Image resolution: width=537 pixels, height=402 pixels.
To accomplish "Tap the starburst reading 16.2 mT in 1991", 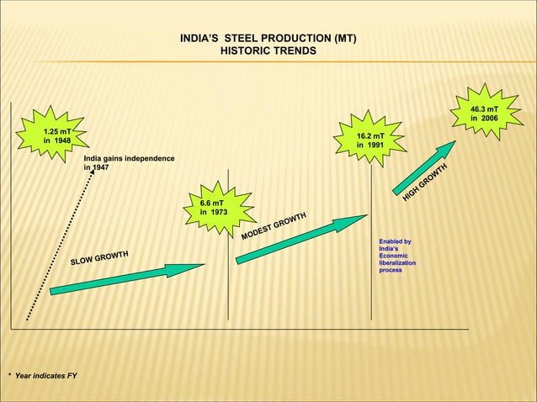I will [x=370, y=140].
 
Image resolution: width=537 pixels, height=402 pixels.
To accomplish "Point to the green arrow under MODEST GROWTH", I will [x=301, y=237].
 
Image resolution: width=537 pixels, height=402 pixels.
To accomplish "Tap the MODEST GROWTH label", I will [x=274, y=225].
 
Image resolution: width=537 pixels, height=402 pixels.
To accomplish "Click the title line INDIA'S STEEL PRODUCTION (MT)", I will [x=268, y=39].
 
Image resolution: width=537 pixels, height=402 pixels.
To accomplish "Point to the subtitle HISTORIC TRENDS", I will [x=268, y=51].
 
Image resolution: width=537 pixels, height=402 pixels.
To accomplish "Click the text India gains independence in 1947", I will [x=129, y=162].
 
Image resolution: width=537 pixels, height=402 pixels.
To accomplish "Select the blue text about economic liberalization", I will [x=396, y=256].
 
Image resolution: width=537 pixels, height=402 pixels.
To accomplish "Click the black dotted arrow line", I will [x=56, y=244].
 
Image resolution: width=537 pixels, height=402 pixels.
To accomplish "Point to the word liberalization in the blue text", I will [x=397, y=263].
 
